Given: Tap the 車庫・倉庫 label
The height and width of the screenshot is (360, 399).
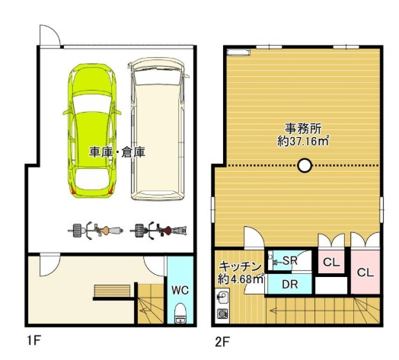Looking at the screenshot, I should point(118,152).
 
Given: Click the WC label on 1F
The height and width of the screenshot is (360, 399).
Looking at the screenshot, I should point(180,290).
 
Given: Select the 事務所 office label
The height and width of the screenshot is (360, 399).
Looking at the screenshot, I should point(302,128).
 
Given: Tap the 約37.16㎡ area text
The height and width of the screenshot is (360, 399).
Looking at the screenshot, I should point(302,141).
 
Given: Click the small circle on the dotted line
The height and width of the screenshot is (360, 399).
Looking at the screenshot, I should point(305,164).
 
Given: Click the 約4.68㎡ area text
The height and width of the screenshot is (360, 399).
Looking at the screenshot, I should point(239,279).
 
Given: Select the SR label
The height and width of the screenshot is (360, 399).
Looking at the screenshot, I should point(289,260).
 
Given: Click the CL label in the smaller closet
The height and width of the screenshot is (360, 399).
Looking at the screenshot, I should point(330,263).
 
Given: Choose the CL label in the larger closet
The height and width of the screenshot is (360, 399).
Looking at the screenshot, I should point(365,272).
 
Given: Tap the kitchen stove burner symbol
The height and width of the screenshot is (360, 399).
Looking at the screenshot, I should point(223,314).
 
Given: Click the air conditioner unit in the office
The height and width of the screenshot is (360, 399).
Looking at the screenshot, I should point(238,53).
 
